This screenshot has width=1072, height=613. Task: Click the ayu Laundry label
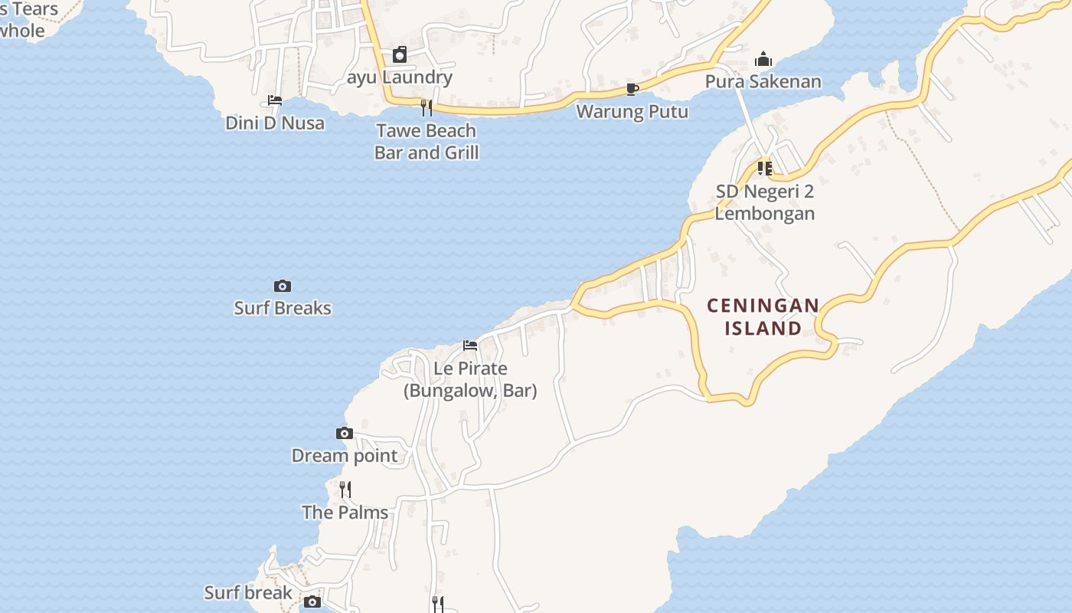(x=399, y=77)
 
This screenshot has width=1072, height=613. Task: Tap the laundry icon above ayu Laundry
(x=400, y=55)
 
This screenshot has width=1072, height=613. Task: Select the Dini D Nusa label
(x=275, y=123)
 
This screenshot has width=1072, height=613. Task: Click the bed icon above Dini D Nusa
(x=275, y=100)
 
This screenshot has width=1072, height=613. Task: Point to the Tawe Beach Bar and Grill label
(x=427, y=141)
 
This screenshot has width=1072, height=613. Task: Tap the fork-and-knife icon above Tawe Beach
(x=427, y=107)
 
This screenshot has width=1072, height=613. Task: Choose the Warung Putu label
(x=632, y=111)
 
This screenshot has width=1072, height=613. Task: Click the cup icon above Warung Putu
(x=632, y=90)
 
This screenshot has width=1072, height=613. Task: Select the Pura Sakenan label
(x=763, y=81)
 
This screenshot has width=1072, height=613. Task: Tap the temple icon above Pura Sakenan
(x=763, y=60)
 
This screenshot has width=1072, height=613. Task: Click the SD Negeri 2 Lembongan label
(x=764, y=202)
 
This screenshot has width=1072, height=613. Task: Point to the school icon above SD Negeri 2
(x=764, y=169)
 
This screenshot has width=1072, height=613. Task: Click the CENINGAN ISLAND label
(x=763, y=317)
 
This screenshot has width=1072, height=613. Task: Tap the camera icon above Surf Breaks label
(x=283, y=287)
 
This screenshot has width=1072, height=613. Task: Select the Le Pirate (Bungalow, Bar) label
(x=470, y=379)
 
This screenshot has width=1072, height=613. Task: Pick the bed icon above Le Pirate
(x=470, y=346)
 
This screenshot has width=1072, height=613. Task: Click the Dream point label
(x=345, y=456)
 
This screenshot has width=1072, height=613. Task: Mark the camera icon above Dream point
(x=345, y=434)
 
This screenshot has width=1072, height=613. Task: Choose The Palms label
(x=345, y=512)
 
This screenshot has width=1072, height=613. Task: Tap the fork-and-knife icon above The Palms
(x=345, y=489)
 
